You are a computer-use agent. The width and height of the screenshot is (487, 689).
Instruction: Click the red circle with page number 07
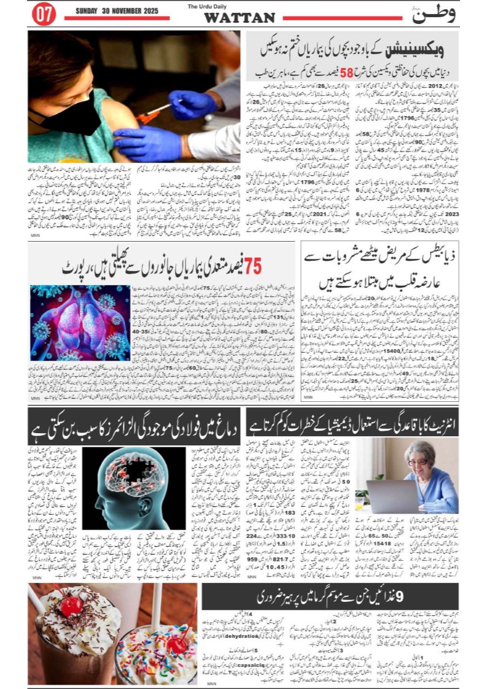(44, 15)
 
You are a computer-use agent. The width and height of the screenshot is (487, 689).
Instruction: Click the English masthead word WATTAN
(239, 18)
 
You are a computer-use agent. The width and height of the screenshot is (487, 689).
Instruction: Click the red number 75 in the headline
(252, 266)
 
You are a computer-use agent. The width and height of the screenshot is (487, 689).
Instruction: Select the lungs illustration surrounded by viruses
(80, 322)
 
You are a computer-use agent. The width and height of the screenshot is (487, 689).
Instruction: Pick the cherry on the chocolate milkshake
(71, 605)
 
